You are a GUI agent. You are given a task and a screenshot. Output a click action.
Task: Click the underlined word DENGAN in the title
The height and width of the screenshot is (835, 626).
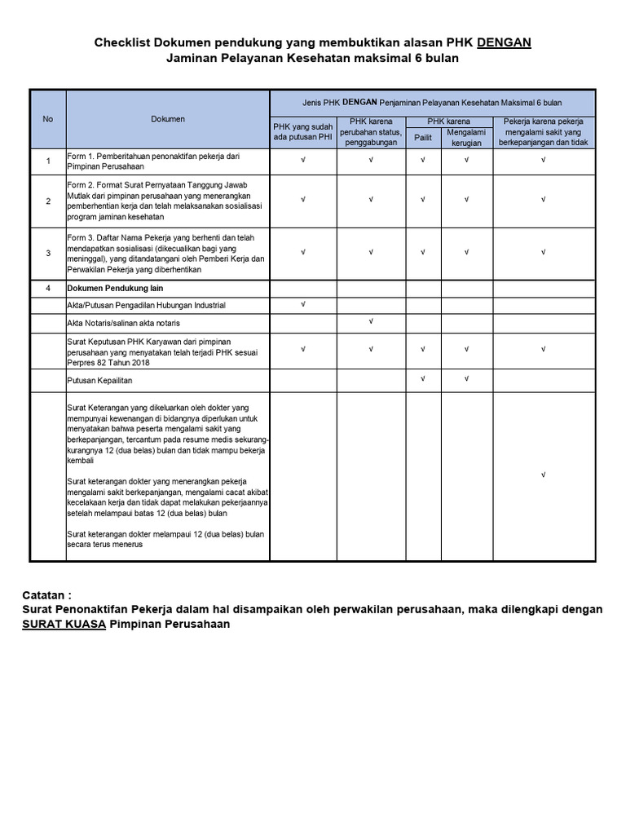[x=504, y=42]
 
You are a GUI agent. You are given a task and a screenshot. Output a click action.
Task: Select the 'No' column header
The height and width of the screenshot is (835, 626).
[x=48, y=119]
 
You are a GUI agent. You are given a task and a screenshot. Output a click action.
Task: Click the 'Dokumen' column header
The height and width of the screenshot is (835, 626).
[x=168, y=119]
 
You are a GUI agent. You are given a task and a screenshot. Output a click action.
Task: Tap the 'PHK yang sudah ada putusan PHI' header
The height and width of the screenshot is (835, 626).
[x=303, y=131]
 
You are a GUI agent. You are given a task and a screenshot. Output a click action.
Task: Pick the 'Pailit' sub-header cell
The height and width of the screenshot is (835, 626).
[x=423, y=138]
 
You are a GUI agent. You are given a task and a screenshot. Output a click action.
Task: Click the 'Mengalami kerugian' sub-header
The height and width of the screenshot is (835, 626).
[x=466, y=136]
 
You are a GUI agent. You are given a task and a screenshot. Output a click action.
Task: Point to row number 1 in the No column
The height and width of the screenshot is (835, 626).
[x=48, y=161]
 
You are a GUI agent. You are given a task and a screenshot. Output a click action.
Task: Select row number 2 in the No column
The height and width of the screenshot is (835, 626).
[x=48, y=201]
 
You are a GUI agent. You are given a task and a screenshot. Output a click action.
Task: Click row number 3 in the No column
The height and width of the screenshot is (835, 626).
[x=48, y=253]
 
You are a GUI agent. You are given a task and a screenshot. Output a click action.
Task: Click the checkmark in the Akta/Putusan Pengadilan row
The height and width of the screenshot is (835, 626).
[x=303, y=304]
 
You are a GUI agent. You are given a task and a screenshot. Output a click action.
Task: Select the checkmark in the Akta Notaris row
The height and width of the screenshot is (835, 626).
[x=371, y=321]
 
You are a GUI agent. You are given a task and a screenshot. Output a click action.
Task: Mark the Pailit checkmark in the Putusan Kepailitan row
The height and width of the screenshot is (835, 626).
[x=423, y=378]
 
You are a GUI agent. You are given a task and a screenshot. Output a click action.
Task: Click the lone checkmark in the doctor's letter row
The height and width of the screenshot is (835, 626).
[x=543, y=475]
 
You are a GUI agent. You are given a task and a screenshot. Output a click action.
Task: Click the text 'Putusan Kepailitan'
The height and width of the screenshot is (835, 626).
[x=99, y=380]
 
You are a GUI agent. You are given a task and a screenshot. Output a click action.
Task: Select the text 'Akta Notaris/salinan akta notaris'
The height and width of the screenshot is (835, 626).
[x=124, y=323]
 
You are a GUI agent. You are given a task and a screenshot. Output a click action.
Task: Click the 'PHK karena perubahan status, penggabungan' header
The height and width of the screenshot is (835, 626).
[x=371, y=131]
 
